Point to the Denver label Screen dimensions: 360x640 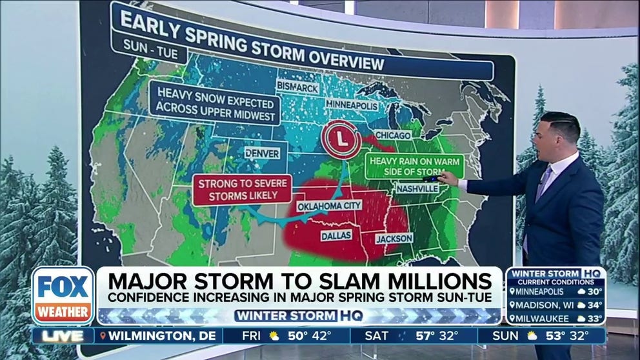tap(263, 154)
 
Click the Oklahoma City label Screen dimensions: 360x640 tap(328, 206)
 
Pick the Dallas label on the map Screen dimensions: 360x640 tap(336, 236)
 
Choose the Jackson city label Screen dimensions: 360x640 tap(394, 238)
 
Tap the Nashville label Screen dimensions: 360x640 tap(417, 188)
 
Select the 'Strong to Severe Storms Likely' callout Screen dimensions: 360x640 tap(237, 189)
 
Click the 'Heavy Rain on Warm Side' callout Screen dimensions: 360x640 tap(414, 165)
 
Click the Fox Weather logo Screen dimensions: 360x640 tap(63, 295)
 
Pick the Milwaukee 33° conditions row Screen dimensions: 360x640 tap(555, 317)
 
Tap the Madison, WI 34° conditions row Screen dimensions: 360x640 tap(555, 304)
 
